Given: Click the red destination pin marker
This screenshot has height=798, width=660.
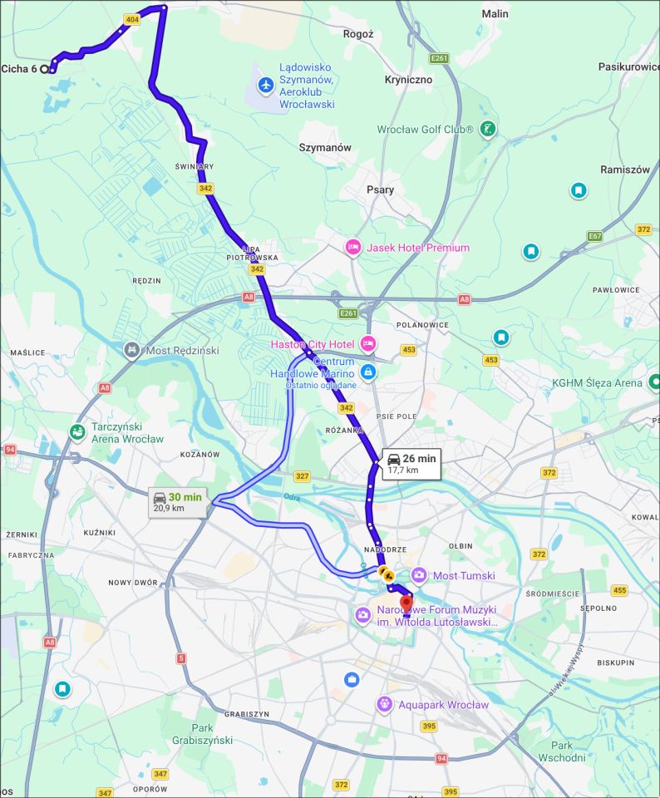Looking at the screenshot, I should coord(406,603).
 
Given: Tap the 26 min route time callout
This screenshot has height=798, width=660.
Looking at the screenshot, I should coord(411,463).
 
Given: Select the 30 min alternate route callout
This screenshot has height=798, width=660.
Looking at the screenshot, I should coord(177,502).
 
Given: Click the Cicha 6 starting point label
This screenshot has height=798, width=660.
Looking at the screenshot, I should coord(19,69).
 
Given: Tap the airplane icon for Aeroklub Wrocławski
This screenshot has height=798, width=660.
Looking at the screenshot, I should coord(266,85).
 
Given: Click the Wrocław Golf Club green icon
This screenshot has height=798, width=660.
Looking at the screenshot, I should coord(488,129).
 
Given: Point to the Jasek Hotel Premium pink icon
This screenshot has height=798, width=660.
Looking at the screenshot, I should coord(353,247).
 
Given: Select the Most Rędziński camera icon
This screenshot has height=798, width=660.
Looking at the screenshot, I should coord(131,350).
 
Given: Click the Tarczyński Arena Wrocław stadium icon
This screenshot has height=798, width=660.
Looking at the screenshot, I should coord(77,431).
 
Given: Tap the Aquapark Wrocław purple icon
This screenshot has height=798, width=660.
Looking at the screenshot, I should coord(384,705).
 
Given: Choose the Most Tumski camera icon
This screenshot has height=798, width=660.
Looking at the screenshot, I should coord(419,575).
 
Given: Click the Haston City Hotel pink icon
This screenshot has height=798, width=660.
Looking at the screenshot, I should coord(367,343).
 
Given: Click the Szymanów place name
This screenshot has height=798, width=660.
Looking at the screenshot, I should coord(325,147).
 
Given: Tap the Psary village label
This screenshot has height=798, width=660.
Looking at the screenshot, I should coord(380,190).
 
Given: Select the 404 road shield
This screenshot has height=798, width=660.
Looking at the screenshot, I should coord(131,18).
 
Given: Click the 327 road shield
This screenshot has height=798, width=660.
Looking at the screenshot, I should coord(302,476).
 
